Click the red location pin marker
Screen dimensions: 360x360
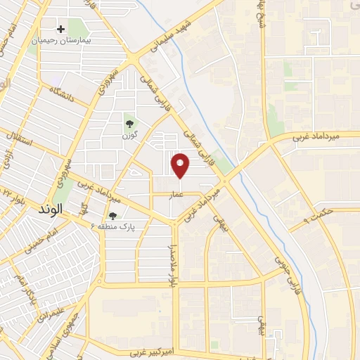click(x=181, y=165)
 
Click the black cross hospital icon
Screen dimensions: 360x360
click(x=61, y=30)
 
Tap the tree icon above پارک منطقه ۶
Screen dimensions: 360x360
click(x=112, y=216)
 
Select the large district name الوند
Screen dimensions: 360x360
click(x=72, y=209)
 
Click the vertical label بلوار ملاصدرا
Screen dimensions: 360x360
click(x=171, y=266)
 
